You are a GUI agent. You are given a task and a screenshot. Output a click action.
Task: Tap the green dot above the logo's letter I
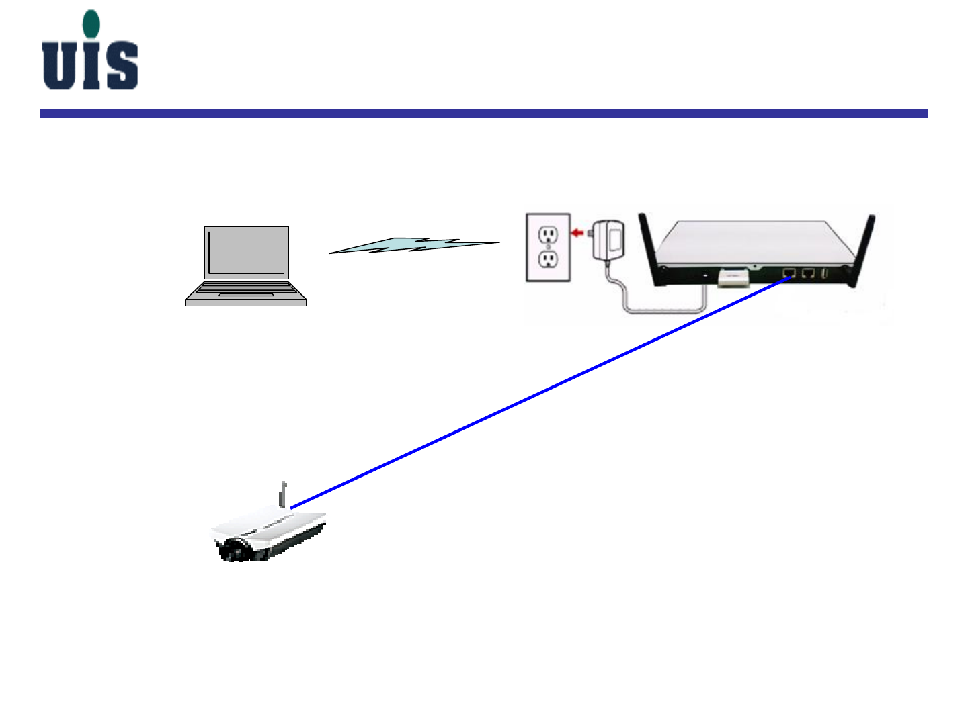click(91, 24)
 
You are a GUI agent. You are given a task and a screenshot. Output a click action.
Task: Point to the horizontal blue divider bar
click(483, 114)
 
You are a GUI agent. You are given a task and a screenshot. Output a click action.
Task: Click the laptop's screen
click(246, 253)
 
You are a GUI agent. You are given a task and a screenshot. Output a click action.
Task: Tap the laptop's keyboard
click(245, 289)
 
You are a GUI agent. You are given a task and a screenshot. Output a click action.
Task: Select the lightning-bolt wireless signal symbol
click(414, 245)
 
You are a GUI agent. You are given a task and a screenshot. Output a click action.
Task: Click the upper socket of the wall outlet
click(549, 234)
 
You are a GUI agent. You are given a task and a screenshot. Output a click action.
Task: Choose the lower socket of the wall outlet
click(549, 259)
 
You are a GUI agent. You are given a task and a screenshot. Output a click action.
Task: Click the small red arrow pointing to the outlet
click(577, 233)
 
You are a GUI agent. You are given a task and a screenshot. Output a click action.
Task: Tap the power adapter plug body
click(609, 239)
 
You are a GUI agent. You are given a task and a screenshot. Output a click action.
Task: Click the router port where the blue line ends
click(789, 273)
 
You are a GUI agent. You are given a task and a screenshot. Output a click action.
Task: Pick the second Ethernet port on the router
click(809, 273)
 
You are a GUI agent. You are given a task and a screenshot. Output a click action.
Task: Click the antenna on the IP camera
click(284, 495)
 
